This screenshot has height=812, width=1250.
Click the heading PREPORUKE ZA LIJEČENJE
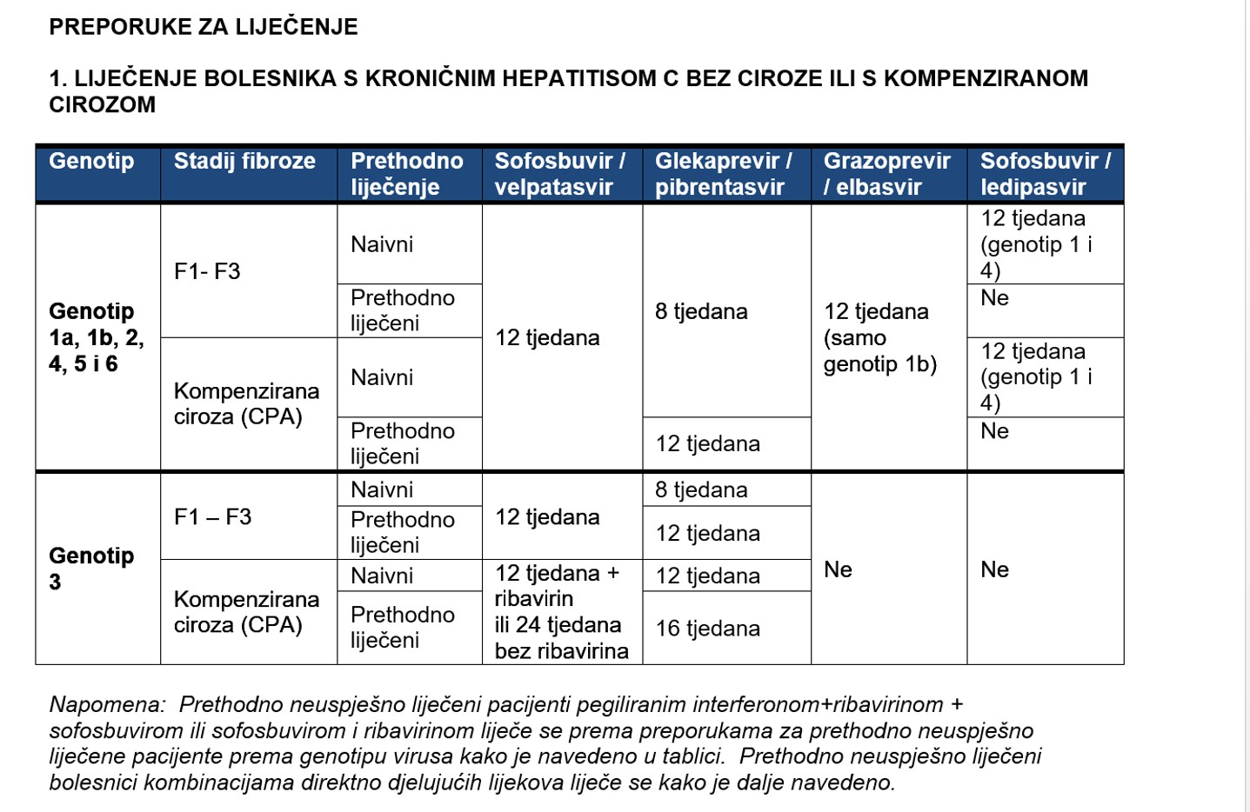[203, 27]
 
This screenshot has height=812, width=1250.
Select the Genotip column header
[91, 162]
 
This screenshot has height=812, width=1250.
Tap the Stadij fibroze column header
[244, 162]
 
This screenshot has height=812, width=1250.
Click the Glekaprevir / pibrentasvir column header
[723, 174]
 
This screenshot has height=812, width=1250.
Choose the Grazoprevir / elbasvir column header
[886, 174]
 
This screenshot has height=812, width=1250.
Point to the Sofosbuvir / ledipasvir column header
[1045, 174]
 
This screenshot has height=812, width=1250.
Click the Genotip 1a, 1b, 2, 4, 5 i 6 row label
[96, 337]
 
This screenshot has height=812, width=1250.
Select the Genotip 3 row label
[90, 569]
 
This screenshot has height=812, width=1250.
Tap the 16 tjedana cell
[707, 629]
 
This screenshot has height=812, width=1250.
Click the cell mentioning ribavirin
[561, 612]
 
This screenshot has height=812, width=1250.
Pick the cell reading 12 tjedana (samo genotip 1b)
[879, 337]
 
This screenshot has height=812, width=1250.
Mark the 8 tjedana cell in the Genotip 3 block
[701, 490]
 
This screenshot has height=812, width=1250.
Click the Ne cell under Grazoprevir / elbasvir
[838, 569]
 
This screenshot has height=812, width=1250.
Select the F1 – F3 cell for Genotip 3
[212, 517]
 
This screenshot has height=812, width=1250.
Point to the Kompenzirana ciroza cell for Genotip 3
[246, 612]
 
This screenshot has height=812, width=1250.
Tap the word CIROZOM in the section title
[102, 105]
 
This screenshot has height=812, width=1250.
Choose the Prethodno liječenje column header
[406, 174]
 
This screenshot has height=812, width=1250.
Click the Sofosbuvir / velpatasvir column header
[559, 174]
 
